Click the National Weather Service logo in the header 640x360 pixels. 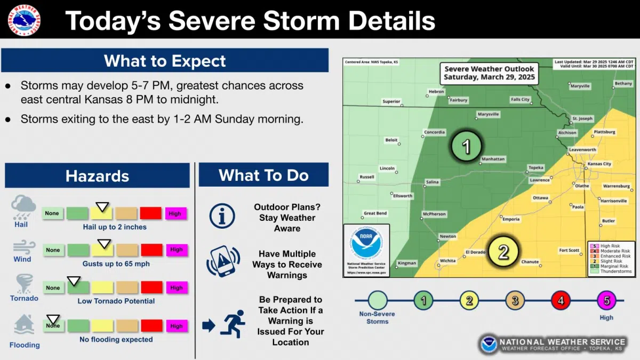pos(24,20)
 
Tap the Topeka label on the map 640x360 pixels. pos(535,168)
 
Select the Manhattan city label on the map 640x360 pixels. pos(493,159)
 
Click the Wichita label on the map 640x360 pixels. pos(447,261)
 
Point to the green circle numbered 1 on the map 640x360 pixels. pos(466,146)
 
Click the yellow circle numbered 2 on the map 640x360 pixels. pos(503,251)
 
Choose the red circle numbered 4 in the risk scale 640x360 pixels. pos(561,301)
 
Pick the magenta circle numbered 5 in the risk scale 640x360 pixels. pos(606,301)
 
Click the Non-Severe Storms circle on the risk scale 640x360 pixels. pos(378,301)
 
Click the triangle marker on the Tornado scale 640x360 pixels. pos(74,281)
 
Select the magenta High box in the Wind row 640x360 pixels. pos(176,250)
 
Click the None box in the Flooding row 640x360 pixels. pos(53,325)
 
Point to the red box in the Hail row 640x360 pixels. pos(151,213)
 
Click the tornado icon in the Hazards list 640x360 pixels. pos(24,283)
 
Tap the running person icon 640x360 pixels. pos(233,324)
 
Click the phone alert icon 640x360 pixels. pos(222,261)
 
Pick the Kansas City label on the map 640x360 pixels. pos(599,164)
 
